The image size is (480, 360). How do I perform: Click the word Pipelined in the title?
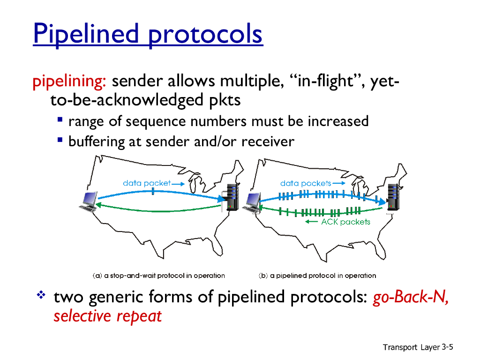pyautogui.click(x=86, y=34)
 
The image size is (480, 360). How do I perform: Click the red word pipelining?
pyautogui.click(x=69, y=82)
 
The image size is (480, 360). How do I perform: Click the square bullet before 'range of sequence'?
pyautogui.click(x=60, y=120)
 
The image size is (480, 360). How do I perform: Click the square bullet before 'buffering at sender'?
pyautogui.click(x=60, y=140)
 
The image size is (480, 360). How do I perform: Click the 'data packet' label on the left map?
pyautogui.click(x=147, y=183)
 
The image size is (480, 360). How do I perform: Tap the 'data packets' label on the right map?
pyautogui.click(x=306, y=183)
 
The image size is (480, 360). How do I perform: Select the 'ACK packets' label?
pyautogui.click(x=345, y=222)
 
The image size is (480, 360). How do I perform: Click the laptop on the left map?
pyautogui.click(x=89, y=202)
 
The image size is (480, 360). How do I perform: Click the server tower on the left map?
pyautogui.click(x=232, y=197)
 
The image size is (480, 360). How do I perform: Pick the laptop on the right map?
pyautogui.click(x=252, y=202)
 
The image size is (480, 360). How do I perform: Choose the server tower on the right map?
pyautogui.click(x=393, y=197)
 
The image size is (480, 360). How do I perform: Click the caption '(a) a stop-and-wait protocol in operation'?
pyautogui.click(x=158, y=276)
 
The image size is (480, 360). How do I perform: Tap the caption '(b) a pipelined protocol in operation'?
pyautogui.click(x=317, y=276)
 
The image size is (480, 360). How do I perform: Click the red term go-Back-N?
pyautogui.click(x=411, y=297)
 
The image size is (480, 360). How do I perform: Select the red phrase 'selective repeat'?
pyautogui.click(x=107, y=316)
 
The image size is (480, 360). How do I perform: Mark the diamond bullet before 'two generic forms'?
pyautogui.click(x=41, y=295)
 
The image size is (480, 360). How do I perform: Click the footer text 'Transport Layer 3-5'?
pyautogui.click(x=418, y=347)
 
